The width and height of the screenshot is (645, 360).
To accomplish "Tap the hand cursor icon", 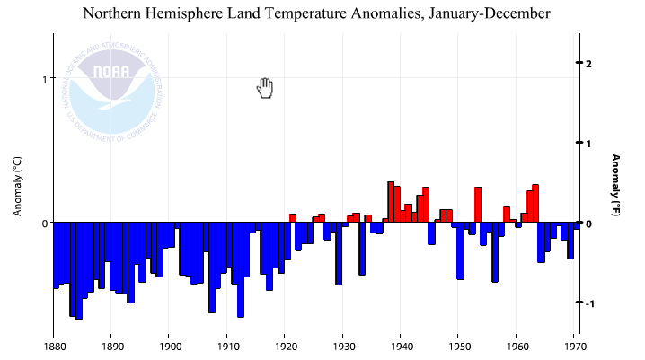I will (265, 88).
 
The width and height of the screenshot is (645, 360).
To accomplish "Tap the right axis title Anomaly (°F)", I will (617, 185).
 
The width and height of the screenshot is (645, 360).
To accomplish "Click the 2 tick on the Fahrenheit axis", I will (588, 64).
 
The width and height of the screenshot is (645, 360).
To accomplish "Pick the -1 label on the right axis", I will (588, 303).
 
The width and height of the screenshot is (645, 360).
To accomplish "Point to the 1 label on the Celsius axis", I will (43, 79).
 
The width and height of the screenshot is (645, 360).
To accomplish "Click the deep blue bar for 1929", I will (339, 253).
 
